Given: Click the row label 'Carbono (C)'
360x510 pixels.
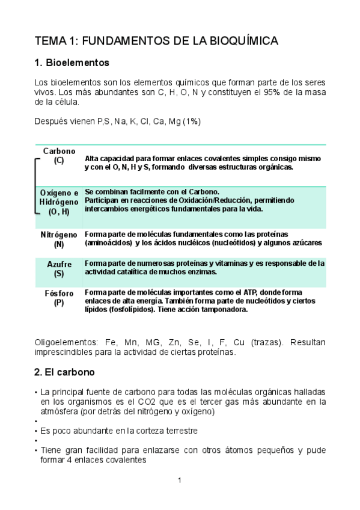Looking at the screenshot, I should (59, 156).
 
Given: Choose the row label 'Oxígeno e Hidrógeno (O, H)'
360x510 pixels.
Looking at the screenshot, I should (59, 202).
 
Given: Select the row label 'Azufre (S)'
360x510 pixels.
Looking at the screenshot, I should (59, 269).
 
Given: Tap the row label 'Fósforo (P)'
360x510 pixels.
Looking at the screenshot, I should (59, 298).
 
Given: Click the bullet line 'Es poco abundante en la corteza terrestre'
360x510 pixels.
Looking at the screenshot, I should (119, 431).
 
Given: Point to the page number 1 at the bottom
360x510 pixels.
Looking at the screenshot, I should (180, 480).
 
